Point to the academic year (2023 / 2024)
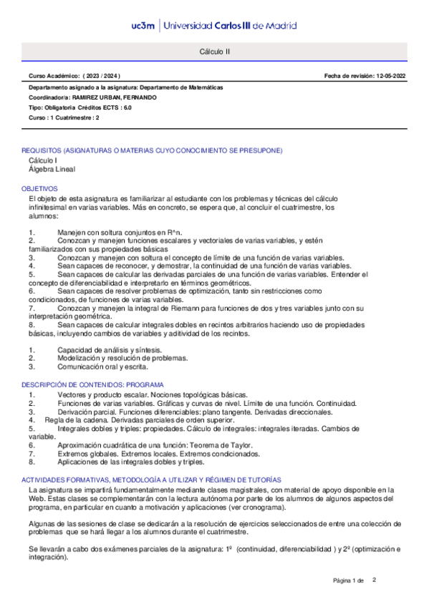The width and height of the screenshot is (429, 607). [101, 76]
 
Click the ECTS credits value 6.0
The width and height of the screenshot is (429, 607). [127, 107]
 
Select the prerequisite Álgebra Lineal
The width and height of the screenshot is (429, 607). [52, 170]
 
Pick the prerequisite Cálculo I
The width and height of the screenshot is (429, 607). [43, 161]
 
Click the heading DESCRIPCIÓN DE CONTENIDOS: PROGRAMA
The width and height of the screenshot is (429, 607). [92, 384]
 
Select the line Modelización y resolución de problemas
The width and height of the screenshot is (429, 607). [123, 357]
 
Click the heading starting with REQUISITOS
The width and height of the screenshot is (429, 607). [152, 150]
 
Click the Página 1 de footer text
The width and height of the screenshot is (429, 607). [349, 580]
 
